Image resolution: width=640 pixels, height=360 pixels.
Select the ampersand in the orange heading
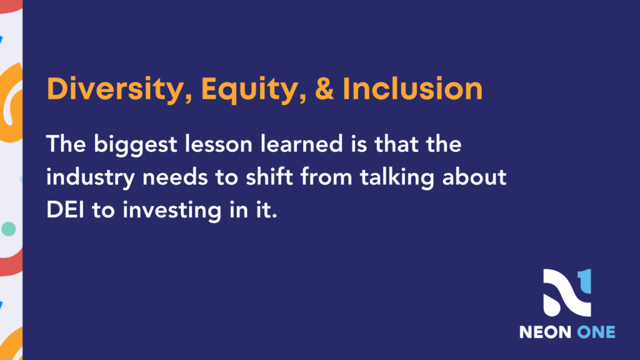(324, 89)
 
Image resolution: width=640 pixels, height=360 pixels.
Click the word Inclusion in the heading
(412, 89)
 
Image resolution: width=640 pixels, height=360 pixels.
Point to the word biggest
(136, 145)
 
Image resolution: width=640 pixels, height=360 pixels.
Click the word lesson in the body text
(218, 144)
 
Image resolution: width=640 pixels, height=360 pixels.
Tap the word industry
(90, 178)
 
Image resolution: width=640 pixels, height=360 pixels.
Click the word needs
(175, 177)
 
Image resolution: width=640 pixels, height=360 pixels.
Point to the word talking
(397, 178)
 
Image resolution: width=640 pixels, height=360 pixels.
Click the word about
(474, 177)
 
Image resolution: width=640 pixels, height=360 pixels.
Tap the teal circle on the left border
(9, 229)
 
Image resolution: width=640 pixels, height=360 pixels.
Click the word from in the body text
(326, 177)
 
